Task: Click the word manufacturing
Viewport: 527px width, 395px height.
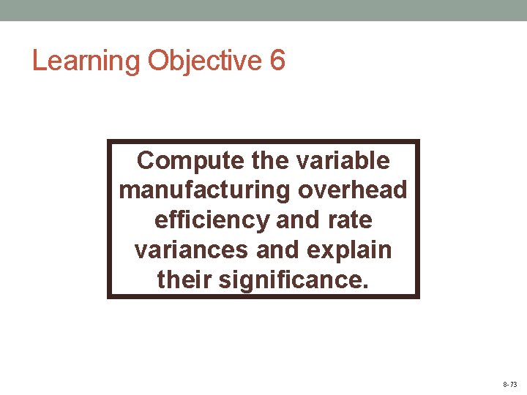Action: point(204,190)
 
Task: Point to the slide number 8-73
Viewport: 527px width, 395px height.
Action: point(509,384)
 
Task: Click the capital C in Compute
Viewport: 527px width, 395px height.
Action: point(145,160)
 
